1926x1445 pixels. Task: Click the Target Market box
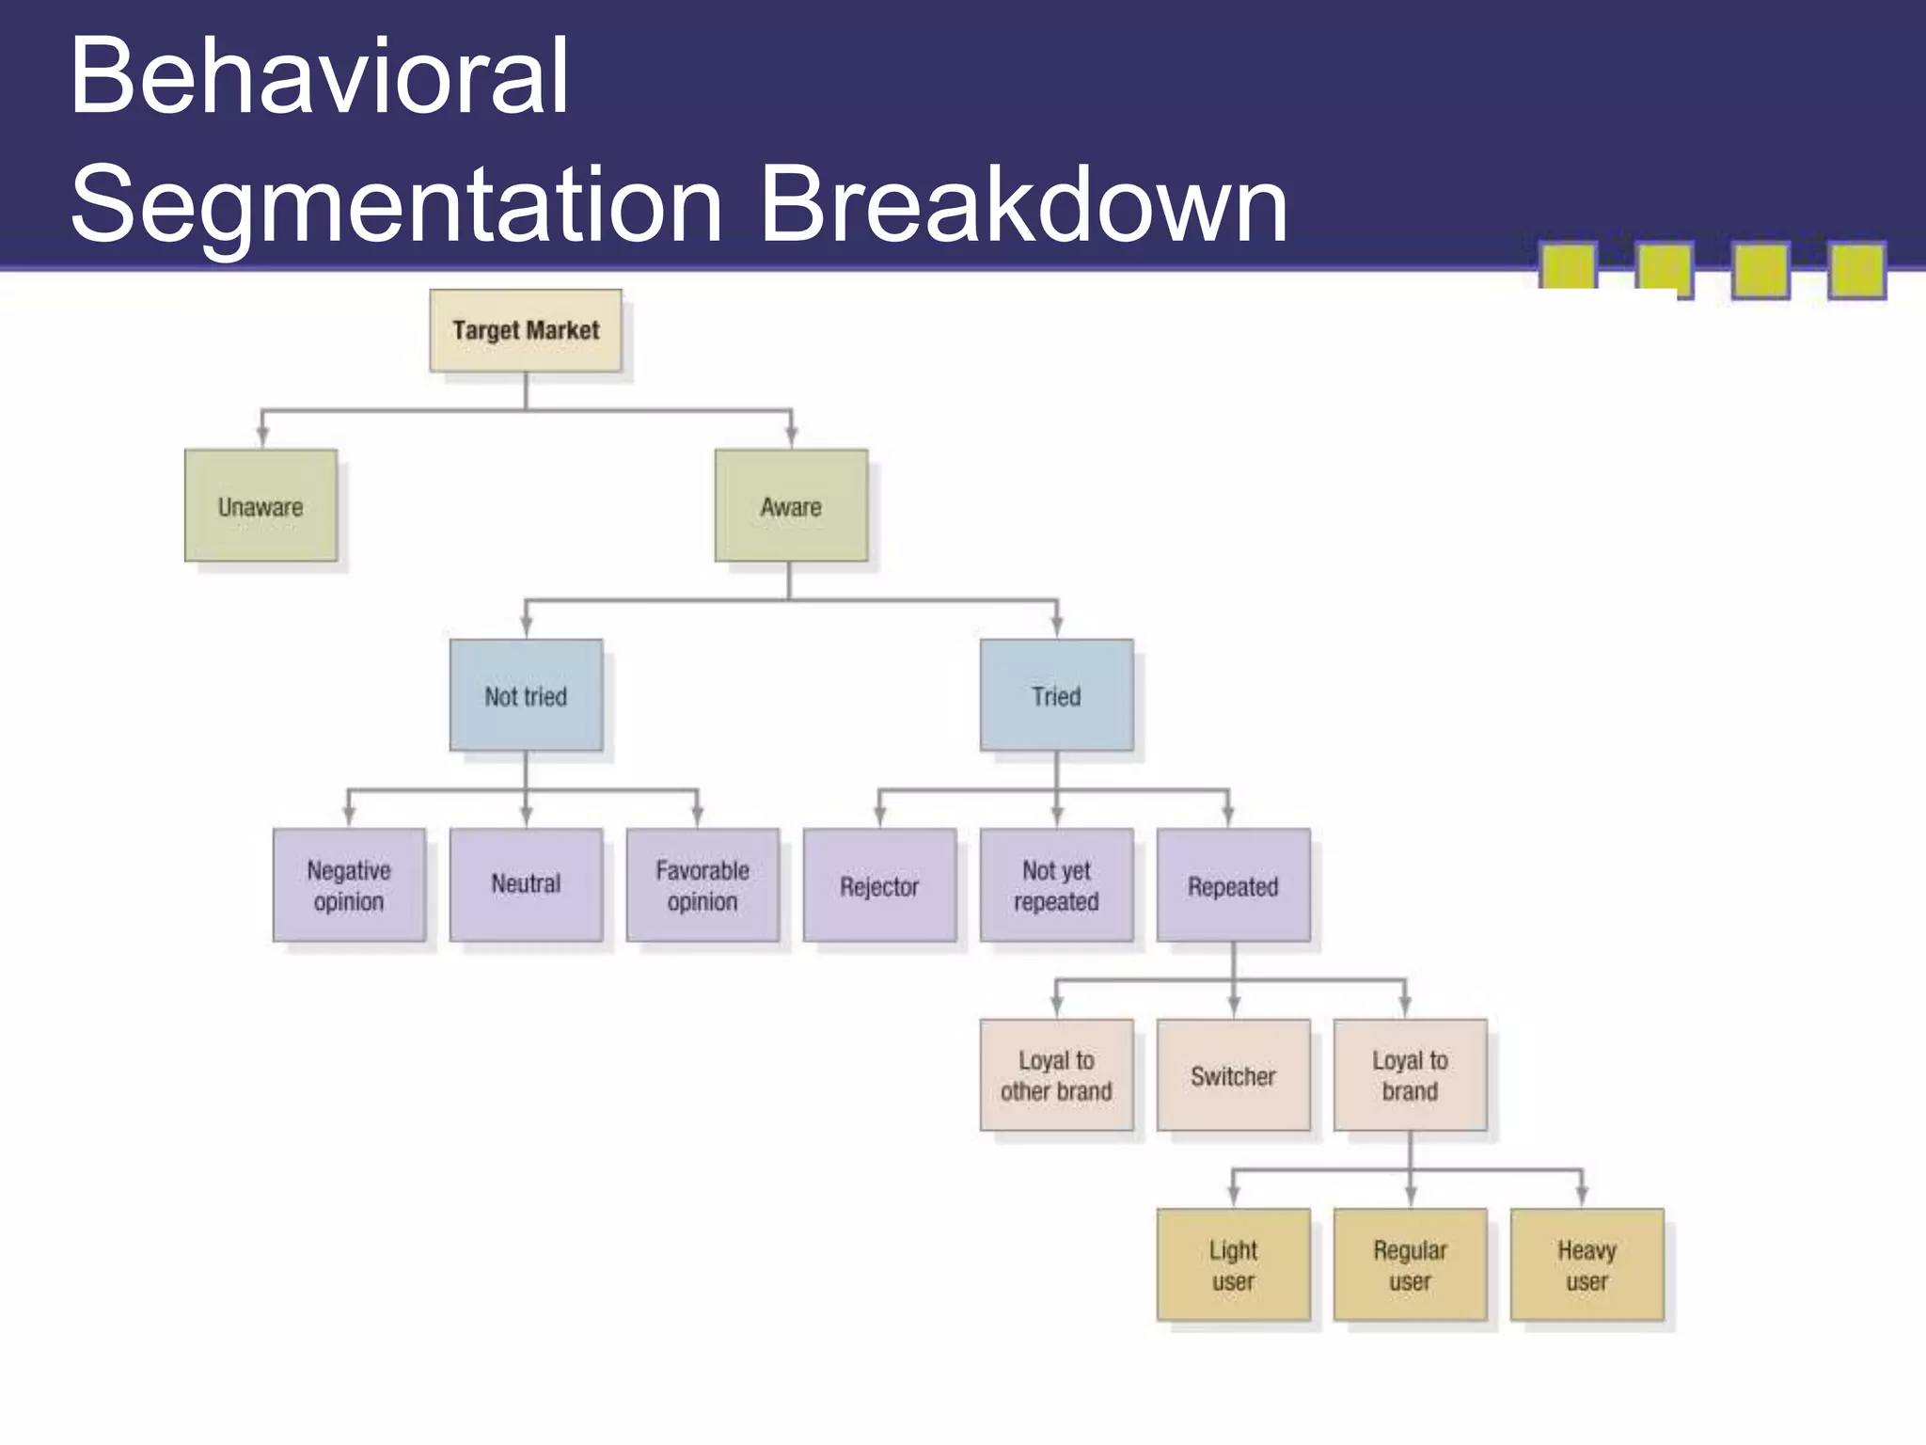526,330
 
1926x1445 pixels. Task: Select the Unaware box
260,506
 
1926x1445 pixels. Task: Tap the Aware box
791,506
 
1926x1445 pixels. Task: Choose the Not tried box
526,695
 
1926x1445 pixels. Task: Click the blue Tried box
1056,695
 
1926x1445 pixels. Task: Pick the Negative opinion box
349,885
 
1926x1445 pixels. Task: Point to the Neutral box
526,885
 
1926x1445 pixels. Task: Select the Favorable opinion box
703,885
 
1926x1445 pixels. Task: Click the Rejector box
879,885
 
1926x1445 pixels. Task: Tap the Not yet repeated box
1056,885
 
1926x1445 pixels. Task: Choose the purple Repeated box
1233,885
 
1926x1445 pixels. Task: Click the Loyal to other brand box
1056,1075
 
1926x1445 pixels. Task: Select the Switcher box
1233,1075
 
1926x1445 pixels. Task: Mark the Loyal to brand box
1410,1075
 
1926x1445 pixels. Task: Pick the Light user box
1233,1265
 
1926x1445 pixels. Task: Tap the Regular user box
1410,1265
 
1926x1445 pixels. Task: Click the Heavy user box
1587,1265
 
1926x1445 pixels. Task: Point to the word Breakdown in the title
1023,204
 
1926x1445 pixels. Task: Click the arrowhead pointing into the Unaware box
262,437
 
